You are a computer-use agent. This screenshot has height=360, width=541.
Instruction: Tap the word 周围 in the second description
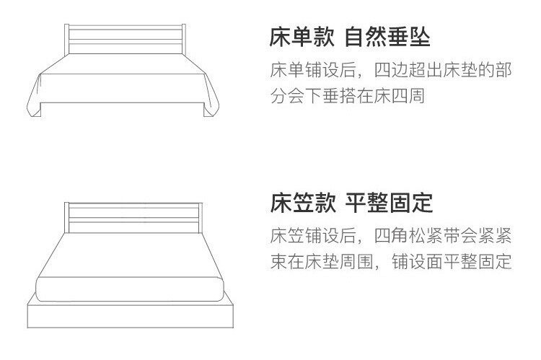click(358, 262)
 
